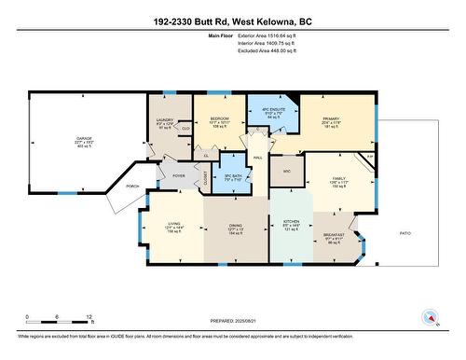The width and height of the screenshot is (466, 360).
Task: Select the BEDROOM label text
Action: tap(219, 119)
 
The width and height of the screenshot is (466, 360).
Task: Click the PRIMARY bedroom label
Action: tap(331, 119)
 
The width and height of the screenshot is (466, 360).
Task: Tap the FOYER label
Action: tap(178, 175)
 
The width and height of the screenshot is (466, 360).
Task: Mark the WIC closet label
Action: tap(288, 172)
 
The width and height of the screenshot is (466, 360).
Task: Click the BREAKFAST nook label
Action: tap(336, 234)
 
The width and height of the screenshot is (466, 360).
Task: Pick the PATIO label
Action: tap(405, 232)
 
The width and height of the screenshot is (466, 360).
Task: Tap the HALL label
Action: tap(257, 159)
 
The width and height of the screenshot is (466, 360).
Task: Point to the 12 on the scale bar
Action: tap(89, 317)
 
